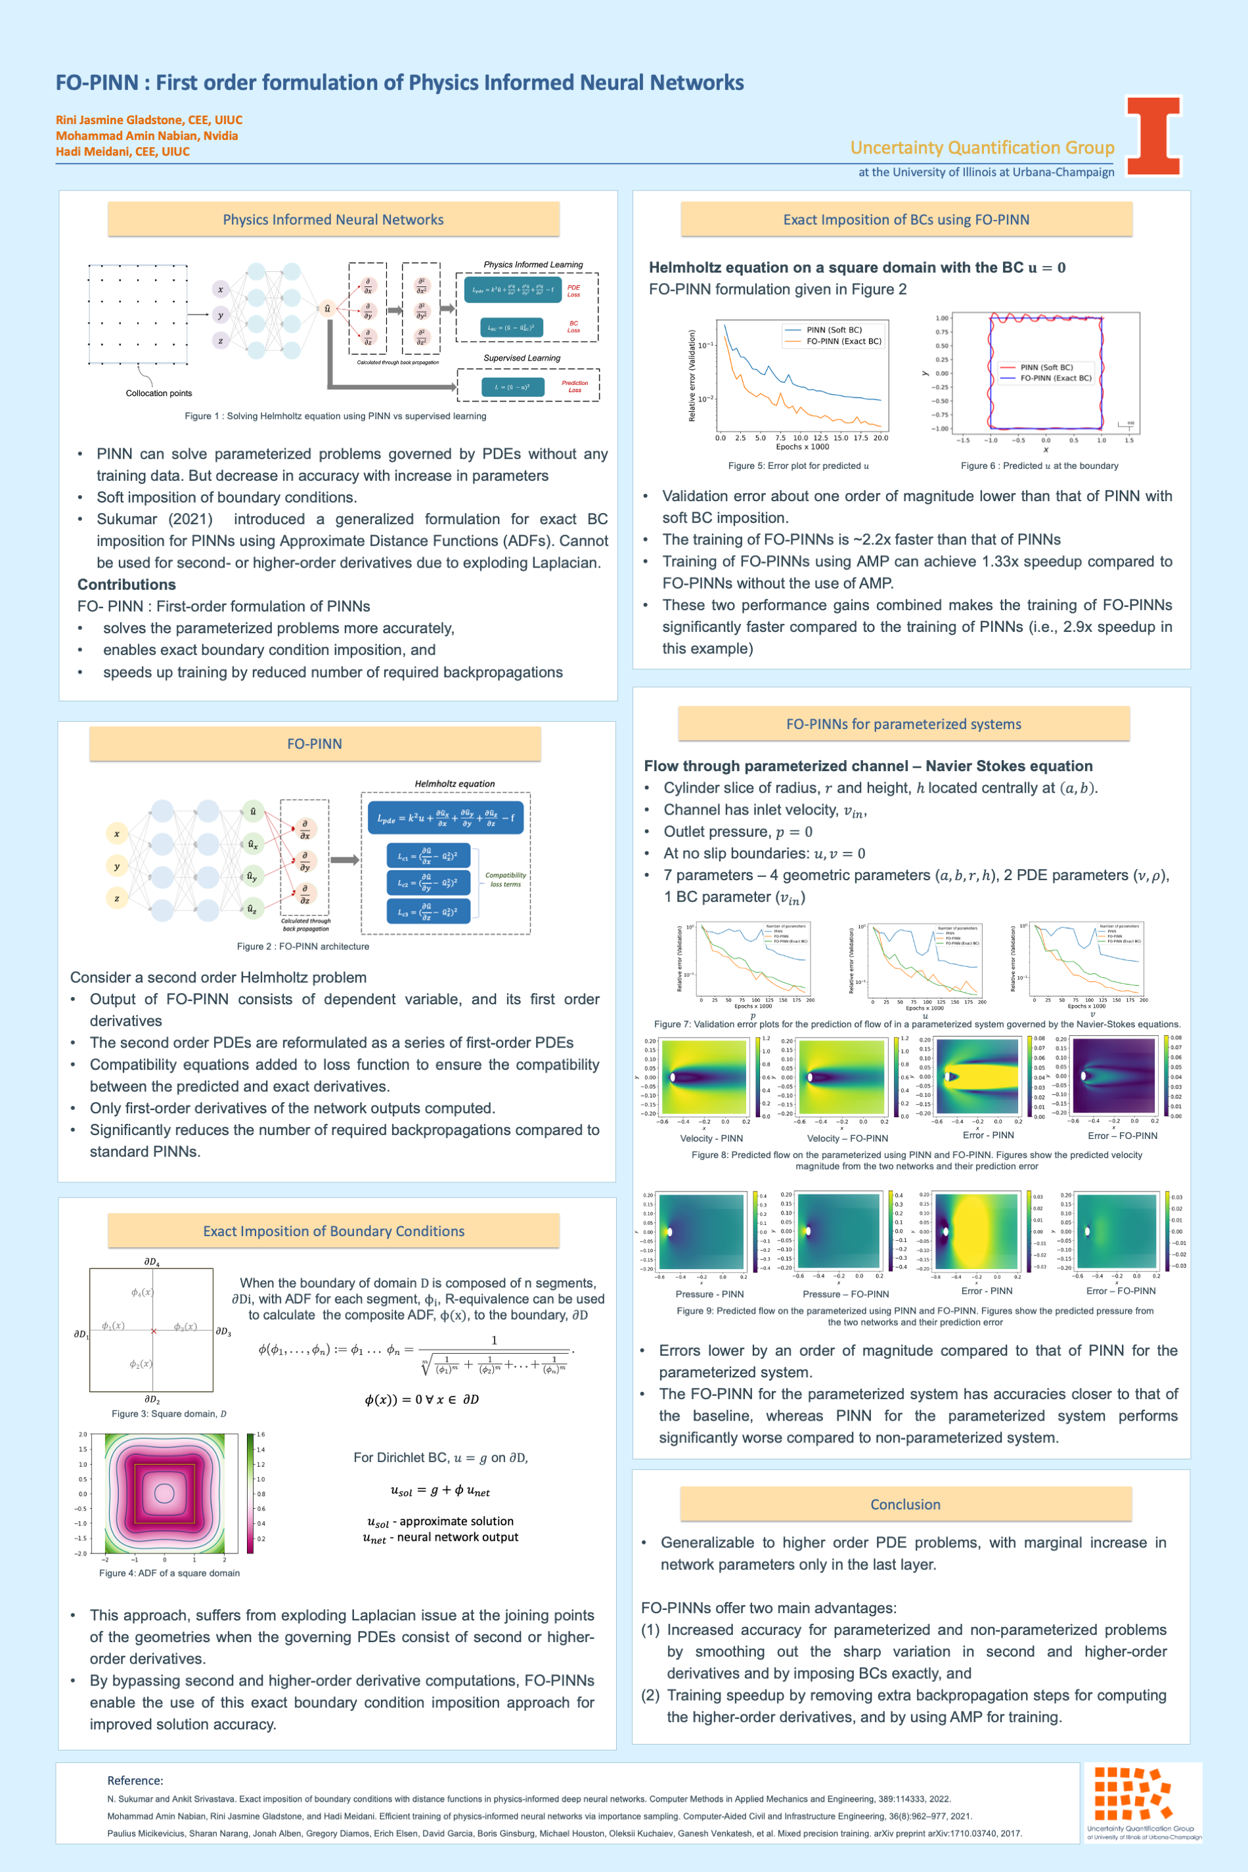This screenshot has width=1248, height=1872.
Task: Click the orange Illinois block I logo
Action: coord(1153,135)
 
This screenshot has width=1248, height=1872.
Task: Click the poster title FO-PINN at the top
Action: coord(399,83)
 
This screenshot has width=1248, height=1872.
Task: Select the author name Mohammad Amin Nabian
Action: coord(146,136)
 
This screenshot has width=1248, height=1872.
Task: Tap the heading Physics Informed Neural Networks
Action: coord(333,219)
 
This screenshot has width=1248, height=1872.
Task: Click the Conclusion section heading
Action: coord(905,1504)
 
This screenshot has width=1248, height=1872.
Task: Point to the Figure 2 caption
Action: coord(302,947)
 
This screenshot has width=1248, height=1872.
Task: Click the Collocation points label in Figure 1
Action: coord(158,393)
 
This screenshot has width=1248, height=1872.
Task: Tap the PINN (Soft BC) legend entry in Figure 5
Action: coord(834,330)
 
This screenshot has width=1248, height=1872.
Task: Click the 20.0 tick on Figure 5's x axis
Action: coord(880,437)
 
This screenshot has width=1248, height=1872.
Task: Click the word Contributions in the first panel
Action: coord(127,584)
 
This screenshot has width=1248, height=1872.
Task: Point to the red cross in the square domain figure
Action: coord(154,1331)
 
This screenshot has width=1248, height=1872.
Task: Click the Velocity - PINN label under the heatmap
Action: coord(711,1138)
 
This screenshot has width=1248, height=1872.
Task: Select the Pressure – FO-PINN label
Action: coord(845,1294)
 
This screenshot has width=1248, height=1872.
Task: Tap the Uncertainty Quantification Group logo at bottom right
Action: coord(1144,1802)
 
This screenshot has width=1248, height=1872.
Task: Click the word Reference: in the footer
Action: coord(135,1781)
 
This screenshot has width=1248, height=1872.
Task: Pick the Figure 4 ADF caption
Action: coord(169,1572)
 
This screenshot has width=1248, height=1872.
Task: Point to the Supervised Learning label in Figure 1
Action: coord(522,358)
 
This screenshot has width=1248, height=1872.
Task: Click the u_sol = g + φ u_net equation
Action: coord(440,1491)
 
